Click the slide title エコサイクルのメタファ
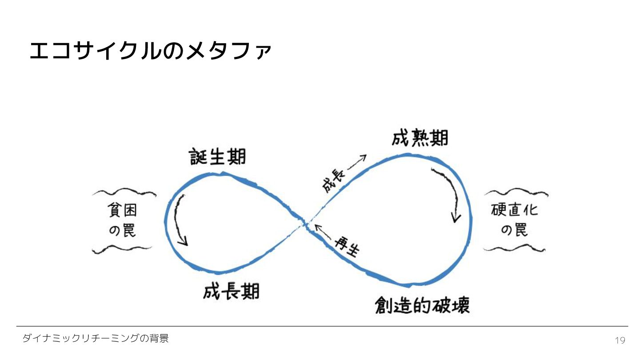click(x=150, y=52)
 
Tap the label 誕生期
click(x=217, y=157)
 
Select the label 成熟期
click(x=420, y=138)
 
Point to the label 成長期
click(x=231, y=292)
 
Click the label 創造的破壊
click(x=422, y=305)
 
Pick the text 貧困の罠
click(x=123, y=221)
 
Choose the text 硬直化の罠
click(x=515, y=220)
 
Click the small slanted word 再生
click(x=347, y=247)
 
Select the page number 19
click(x=620, y=340)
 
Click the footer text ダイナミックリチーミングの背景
click(x=96, y=339)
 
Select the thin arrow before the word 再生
click(x=323, y=232)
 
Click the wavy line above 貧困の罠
click(x=124, y=193)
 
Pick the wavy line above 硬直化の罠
click(x=516, y=193)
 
